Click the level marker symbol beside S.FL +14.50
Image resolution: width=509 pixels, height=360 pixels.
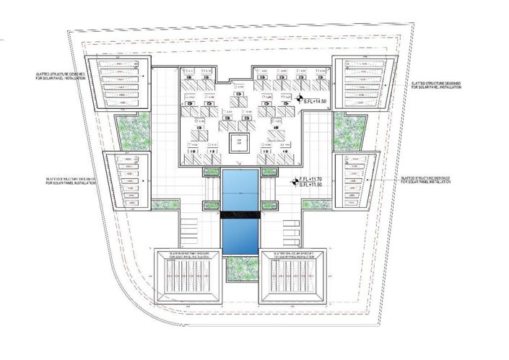[x=298, y=102]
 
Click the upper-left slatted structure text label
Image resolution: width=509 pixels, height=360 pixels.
[x=61, y=76]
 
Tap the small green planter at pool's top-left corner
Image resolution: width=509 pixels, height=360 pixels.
[x=212, y=172]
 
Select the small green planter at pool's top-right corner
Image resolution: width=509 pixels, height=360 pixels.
[x=269, y=172]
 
